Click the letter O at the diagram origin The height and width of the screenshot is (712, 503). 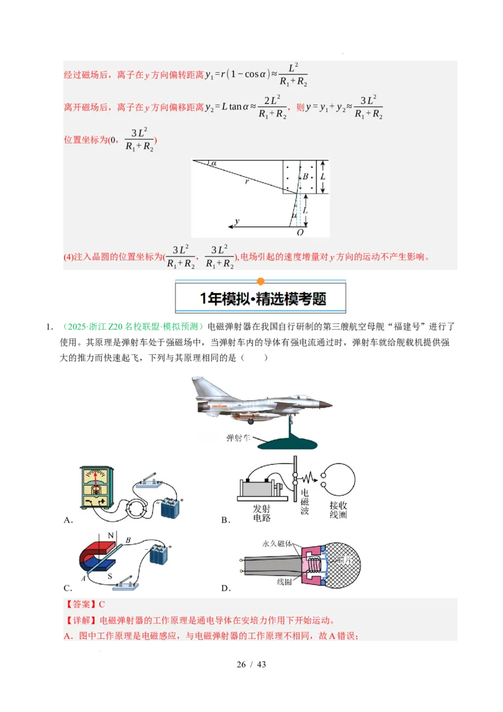coord(300,233)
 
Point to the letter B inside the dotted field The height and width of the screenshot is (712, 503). coord(306,177)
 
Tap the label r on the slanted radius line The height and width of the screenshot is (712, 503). coord(247,181)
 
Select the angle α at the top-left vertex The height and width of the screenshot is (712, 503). coord(214,164)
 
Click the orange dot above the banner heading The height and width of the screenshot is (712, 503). coord(261,281)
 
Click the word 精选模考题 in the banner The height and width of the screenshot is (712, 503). coord(292,299)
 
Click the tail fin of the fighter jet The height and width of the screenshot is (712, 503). coord(202,385)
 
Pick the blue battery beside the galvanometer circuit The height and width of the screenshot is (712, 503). coord(170,506)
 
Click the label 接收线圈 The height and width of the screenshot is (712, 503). coord(338,510)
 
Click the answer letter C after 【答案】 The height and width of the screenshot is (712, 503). coord(102,604)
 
